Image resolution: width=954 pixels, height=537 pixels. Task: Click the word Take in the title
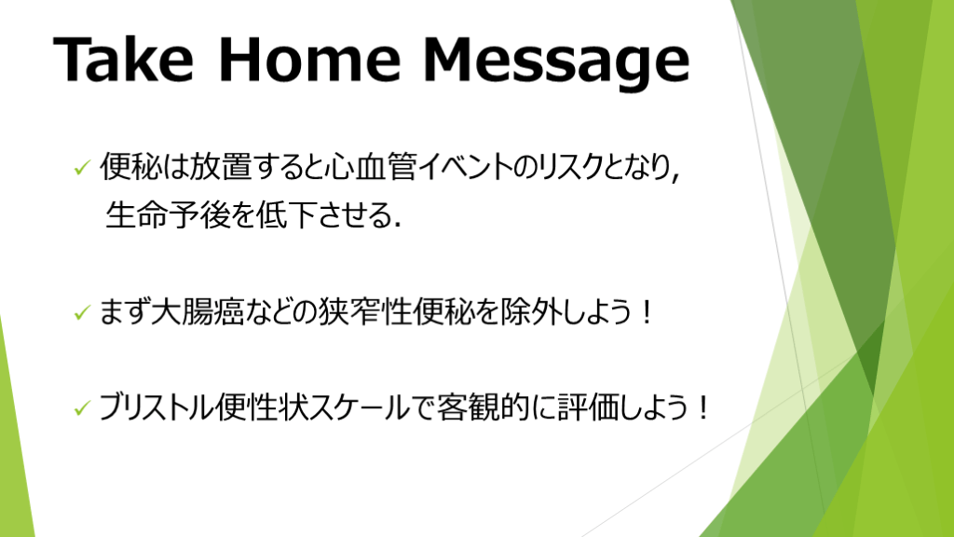pyautogui.click(x=124, y=59)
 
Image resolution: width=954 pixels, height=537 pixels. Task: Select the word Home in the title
pyautogui.click(x=309, y=59)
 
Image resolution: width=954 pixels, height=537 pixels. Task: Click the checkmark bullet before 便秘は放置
pyautogui.click(x=82, y=168)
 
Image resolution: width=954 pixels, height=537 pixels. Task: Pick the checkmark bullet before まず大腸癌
pyautogui.click(x=82, y=313)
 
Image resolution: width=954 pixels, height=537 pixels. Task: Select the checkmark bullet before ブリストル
pyautogui.click(x=82, y=408)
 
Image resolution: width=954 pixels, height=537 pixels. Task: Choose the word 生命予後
pyautogui.click(x=168, y=214)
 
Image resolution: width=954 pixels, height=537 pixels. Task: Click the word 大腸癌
pyautogui.click(x=198, y=311)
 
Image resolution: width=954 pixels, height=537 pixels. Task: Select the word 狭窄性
pyautogui.click(x=365, y=311)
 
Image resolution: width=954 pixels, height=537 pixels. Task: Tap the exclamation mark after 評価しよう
pyautogui.click(x=703, y=407)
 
